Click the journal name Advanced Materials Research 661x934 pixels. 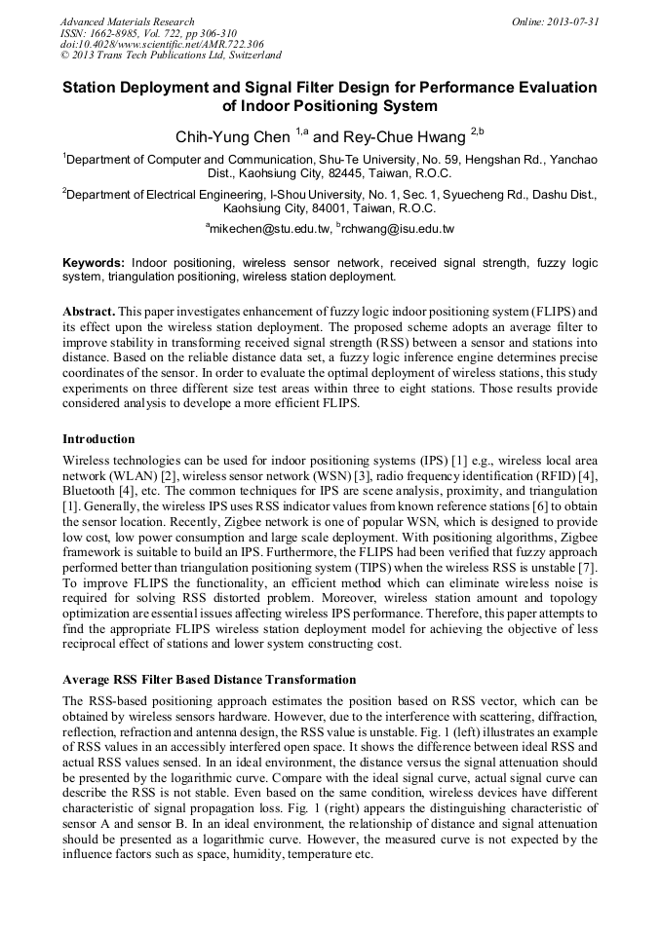click(x=127, y=21)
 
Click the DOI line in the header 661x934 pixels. click(x=161, y=45)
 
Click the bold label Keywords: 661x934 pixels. click(x=94, y=263)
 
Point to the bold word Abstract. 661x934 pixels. click(x=88, y=310)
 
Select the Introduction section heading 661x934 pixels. click(x=98, y=439)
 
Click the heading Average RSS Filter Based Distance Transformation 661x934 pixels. click(x=209, y=679)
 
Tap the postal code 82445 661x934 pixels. click(x=344, y=173)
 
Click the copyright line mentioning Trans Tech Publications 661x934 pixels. click(x=171, y=56)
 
